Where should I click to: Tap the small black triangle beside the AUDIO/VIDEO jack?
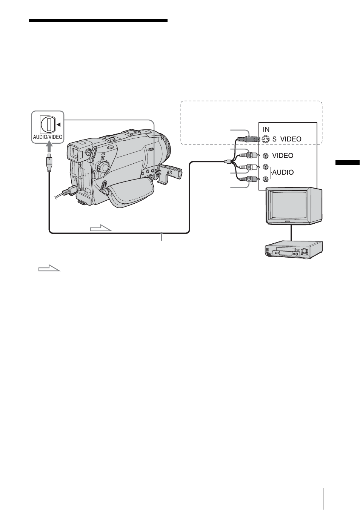58,124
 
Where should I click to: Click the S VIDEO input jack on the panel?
266,139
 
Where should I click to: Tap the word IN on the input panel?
266,129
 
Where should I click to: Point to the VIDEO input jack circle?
266,155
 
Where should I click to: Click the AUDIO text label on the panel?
283,172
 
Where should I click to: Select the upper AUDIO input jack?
266,167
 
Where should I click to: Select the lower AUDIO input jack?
266,179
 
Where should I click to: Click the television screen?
290,207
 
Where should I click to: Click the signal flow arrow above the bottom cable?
101,228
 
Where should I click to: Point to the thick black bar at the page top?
98,21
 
